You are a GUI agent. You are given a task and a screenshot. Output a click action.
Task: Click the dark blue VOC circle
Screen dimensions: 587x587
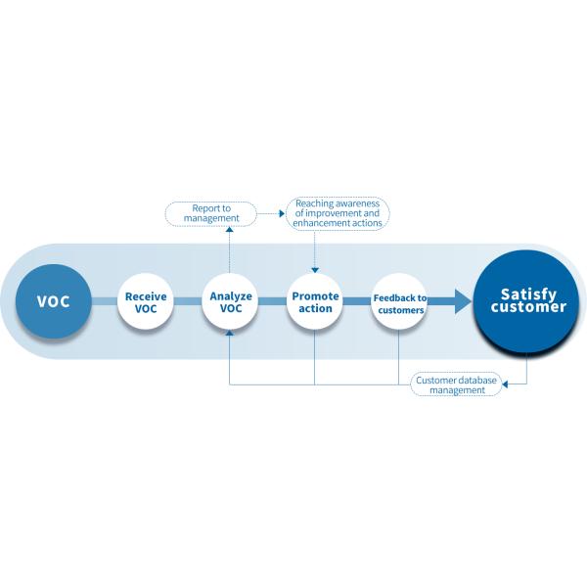tap(53, 300)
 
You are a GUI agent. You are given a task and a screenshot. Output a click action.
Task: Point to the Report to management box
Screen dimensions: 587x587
tap(210, 212)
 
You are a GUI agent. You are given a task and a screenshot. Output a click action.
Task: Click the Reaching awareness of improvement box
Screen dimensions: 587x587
tap(338, 213)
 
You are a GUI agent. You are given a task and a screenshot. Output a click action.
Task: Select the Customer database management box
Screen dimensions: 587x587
tap(456, 384)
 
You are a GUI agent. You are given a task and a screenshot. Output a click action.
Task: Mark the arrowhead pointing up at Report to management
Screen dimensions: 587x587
tap(231, 229)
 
